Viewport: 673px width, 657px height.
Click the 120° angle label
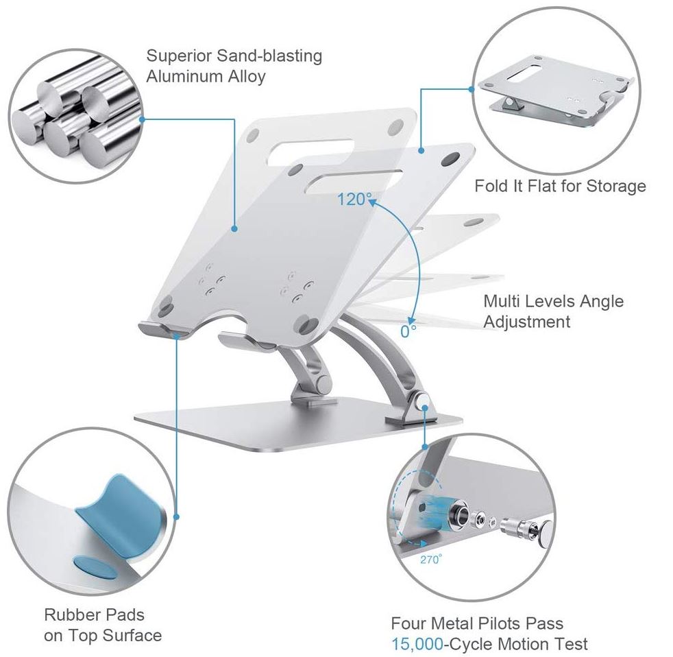tap(354, 200)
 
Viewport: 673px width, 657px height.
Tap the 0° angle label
tap(408, 331)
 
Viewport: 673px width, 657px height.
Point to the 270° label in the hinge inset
tap(431, 560)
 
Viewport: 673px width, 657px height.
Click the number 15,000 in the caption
tap(417, 644)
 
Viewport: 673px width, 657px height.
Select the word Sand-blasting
tap(269, 56)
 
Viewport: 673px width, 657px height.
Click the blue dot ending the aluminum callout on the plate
tap(234, 229)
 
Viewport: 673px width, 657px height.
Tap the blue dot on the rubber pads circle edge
tap(176, 517)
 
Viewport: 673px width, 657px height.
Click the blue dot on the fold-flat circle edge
tap(472, 89)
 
